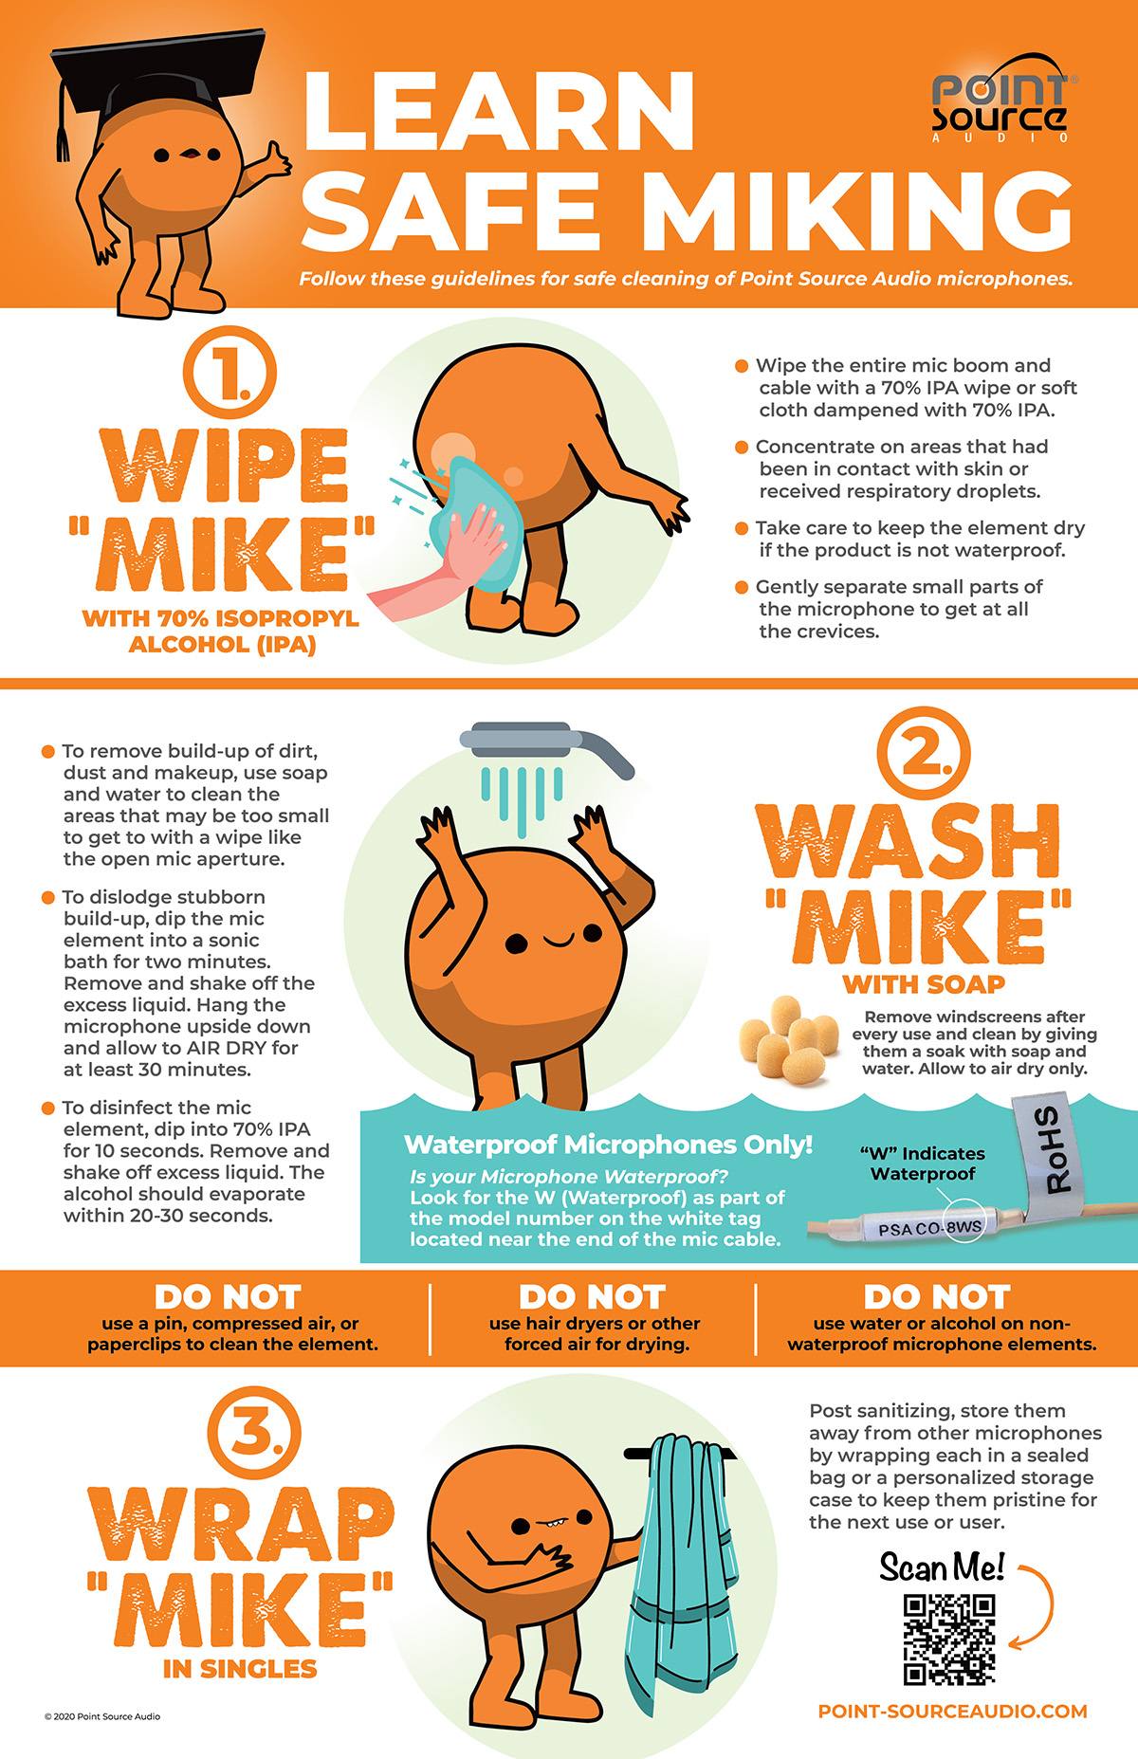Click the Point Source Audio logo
tap(999, 106)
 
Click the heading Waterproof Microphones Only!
tap(608, 1144)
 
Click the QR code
tap(948, 1640)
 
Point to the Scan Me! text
tap(942, 1567)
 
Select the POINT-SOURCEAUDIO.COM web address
tap(953, 1711)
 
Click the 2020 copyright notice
tap(102, 1716)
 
